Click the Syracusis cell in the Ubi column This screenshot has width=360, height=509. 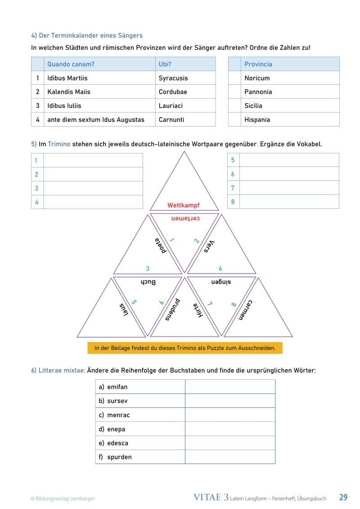pos(173,78)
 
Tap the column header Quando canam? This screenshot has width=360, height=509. pos(71,64)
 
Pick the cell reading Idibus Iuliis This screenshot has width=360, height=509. pos(64,106)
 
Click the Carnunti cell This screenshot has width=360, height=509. pos(171,120)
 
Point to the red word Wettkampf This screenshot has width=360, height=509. pos(184,205)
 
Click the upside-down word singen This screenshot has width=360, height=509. pos(220,282)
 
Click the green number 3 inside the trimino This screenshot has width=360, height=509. pos(148,269)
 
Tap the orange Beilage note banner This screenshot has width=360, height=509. pos(185,348)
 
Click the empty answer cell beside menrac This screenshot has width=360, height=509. pos(230,415)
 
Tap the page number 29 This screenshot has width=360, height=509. pos(343,497)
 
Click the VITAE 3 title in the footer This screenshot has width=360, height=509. pos(211,497)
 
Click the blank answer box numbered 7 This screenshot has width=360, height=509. pos(289,188)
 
